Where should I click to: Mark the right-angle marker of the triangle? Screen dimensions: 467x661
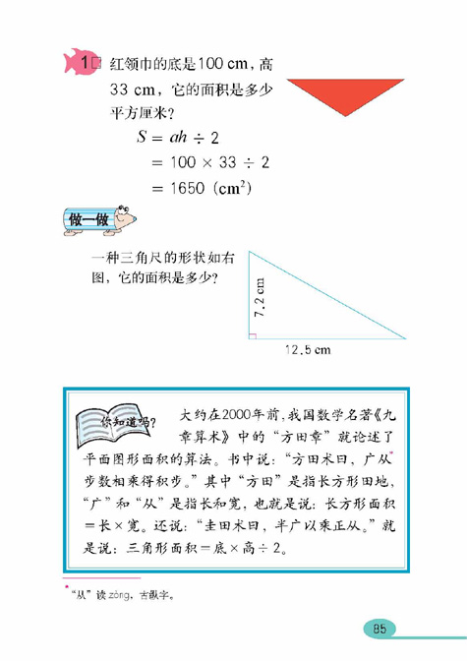tap(253, 336)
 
